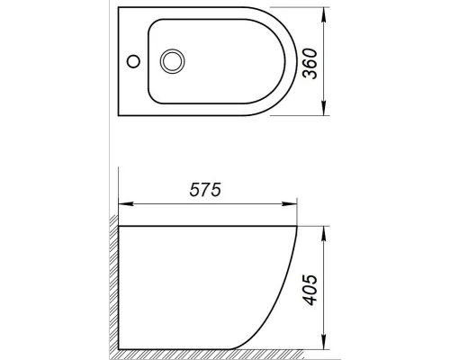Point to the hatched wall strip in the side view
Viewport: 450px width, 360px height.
click(112, 288)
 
